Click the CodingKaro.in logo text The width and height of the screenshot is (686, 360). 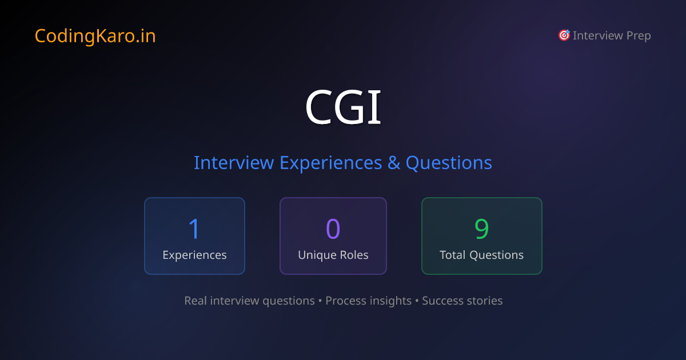(95, 36)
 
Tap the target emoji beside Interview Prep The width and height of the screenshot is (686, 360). (564, 35)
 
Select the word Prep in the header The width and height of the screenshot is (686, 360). (638, 36)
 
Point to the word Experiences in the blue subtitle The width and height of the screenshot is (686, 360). (330, 163)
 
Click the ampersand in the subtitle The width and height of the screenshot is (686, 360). (394, 163)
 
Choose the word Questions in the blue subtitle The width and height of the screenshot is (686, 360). (449, 163)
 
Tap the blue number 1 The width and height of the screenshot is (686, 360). (194, 229)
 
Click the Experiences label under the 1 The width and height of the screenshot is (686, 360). (194, 255)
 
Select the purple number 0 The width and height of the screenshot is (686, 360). (333, 229)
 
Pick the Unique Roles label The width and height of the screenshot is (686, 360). (333, 255)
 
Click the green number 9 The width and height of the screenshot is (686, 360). (481, 229)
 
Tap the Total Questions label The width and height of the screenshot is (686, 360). (481, 255)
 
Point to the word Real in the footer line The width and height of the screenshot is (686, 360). (196, 301)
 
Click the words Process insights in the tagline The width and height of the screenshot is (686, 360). (368, 301)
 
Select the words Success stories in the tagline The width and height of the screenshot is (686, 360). (462, 301)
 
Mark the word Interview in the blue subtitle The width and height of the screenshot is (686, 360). (234, 163)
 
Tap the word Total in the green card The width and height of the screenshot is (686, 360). (452, 255)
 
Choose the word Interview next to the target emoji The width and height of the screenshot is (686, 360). (598, 36)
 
